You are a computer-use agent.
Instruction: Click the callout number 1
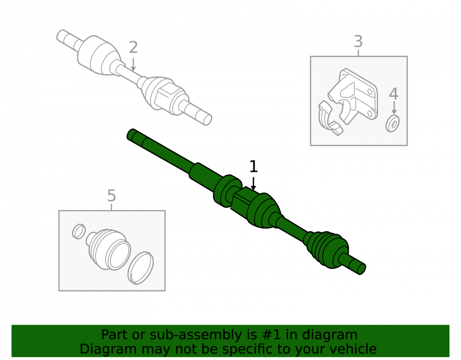pyautogui.click(x=254, y=166)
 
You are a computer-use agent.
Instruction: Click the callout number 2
pyautogui.click(x=133, y=47)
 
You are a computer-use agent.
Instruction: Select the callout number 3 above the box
pyautogui.click(x=358, y=41)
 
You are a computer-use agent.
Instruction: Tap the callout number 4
pyautogui.click(x=394, y=94)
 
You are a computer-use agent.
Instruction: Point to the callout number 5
pyautogui.click(x=112, y=196)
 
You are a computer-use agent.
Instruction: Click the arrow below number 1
pyautogui.click(x=253, y=183)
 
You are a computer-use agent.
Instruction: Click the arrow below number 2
pyautogui.click(x=133, y=65)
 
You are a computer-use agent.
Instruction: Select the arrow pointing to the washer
pyautogui.click(x=394, y=107)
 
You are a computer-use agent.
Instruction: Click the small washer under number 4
pyautogui.click(x=392, y=124)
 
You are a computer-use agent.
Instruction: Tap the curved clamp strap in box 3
pyautogui.click(x=329, y=118)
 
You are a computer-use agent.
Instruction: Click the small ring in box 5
pyautogui.click(x=79, y=231)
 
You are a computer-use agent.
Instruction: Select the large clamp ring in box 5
pyautogui.click(x=141, y=268)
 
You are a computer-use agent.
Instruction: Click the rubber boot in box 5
pyautogui.click(x=108, y=249)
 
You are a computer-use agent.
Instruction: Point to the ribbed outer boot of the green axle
pyautogui.click(x=326, y=249)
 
